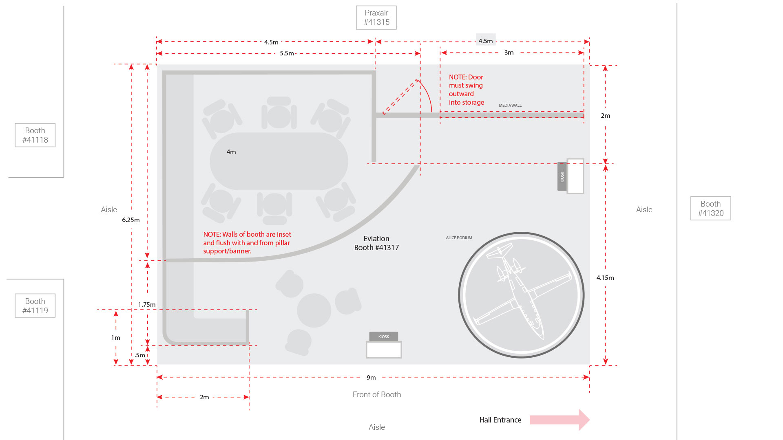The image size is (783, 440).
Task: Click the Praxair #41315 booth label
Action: click(x=376, y=18)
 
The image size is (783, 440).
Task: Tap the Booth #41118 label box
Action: click(x=35, y=135)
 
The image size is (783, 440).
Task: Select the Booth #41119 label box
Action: click(x=35, y=306)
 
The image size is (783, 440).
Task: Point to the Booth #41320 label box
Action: click(x=710, y=209)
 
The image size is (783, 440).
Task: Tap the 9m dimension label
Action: click(x=371, y=378)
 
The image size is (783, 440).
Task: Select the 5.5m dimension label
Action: click(x=287, y=53)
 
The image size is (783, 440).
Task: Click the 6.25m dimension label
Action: click(x=130, y=220)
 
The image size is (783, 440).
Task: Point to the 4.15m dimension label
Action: click(x=605, y=278)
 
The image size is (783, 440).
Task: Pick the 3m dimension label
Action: click(x=509, y=53)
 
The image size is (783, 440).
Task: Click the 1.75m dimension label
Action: click(x=147, y=305)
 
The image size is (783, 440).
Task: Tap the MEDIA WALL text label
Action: click(x=510, y=106)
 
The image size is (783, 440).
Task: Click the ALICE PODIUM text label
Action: click(x=459, y=238)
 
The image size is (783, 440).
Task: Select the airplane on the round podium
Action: click(x=522, y=293)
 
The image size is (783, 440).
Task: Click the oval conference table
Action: click(x=279, y=161)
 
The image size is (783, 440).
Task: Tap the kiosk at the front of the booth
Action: click(x=384, y=345)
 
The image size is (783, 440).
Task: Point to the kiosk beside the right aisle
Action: click(x=571, y=176)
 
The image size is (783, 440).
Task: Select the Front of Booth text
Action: click(x=377, y=395)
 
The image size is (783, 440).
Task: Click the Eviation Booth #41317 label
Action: click(x=376, y=243)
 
